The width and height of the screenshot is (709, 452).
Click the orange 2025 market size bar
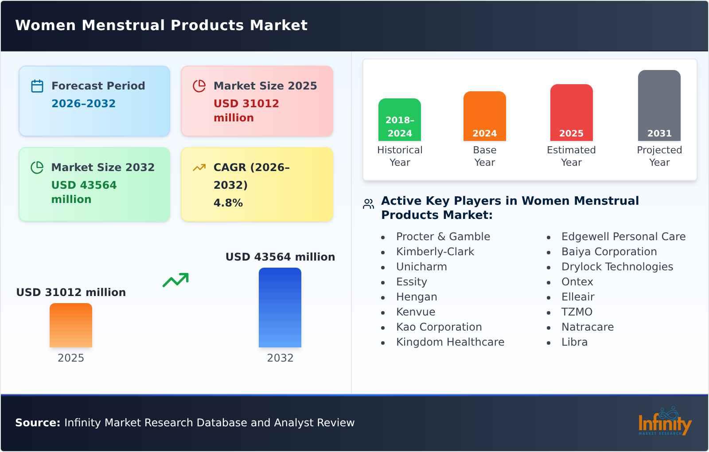(71, 325)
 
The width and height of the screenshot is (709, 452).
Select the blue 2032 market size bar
(280, 308)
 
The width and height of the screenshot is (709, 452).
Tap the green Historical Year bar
(400, 120)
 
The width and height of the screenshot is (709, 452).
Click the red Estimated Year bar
(572, 113)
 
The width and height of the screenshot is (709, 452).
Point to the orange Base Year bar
(485, 116)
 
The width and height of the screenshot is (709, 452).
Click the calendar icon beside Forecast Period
(37, 86)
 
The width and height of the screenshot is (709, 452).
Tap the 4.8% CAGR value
(228, 203)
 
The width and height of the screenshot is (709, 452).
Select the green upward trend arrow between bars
(175, 280)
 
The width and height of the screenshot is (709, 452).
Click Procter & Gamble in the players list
(443, 237)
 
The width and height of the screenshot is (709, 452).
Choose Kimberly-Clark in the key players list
(435, 252)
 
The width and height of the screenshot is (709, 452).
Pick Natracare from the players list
(588, 327)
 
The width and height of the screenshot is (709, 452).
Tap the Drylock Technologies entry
(617, 267)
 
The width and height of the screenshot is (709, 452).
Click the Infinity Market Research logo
(665, 422)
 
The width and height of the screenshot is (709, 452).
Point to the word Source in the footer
(38, 423)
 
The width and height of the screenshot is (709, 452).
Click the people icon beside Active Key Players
(368, 204)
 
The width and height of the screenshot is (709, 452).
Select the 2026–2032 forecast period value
(83, 104)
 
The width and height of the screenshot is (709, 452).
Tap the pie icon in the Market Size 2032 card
(37, 168)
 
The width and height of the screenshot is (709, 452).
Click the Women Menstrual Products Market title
(161, 25)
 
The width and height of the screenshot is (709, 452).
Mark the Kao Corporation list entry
(439, 327)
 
